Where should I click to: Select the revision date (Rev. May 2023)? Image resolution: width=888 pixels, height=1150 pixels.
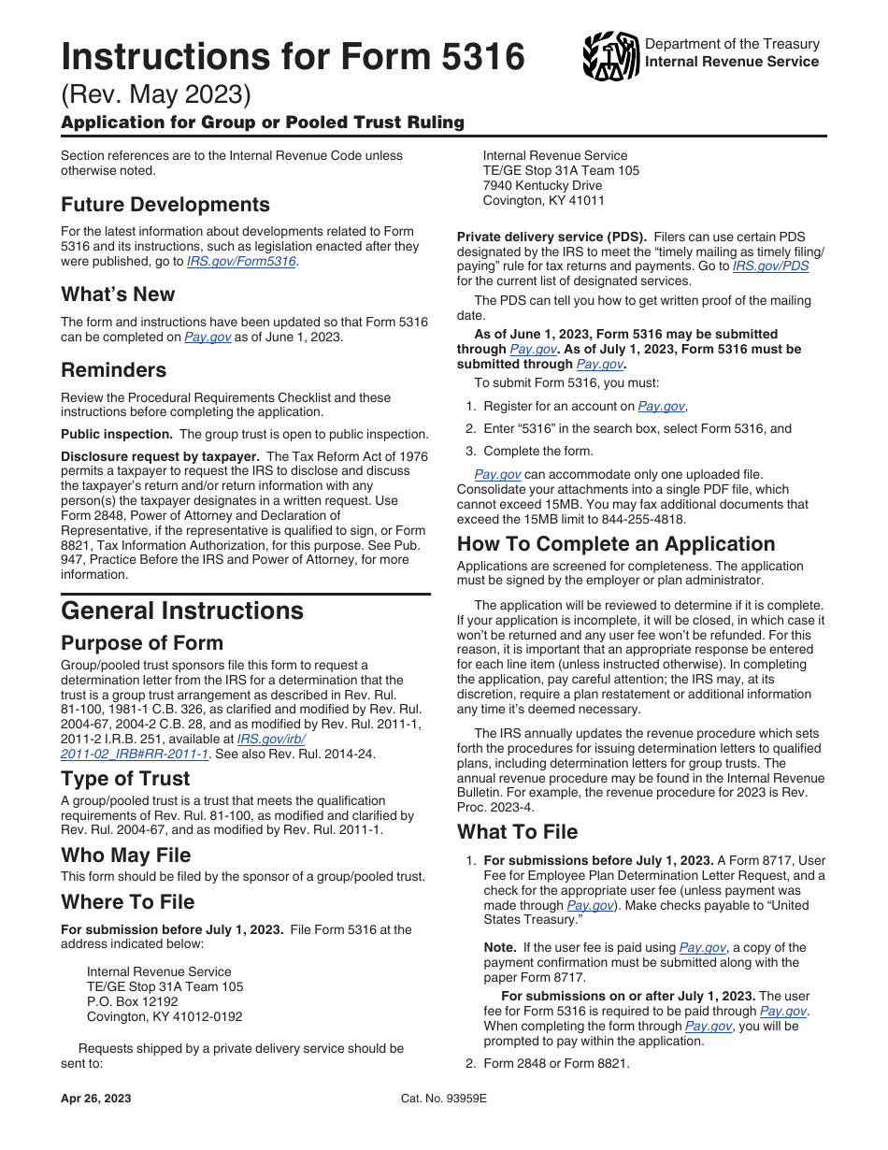click(156, 95)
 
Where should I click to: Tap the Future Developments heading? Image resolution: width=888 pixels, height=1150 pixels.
click(165, 205)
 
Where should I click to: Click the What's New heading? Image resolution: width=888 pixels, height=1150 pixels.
click(118, 295)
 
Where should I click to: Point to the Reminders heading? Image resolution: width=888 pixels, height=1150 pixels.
click(114, 369)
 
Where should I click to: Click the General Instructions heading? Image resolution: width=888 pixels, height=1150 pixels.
click(182, 611)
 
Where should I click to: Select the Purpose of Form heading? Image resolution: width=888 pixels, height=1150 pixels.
click(142, 643)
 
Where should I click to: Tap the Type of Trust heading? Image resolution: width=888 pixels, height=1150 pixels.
click(125, 779)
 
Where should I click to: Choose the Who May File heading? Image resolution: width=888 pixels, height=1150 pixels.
click(126, 855)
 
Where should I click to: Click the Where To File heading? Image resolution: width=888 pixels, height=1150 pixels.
click(128, 902)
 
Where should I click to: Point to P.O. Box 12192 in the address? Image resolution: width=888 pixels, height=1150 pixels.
click(132, 1001)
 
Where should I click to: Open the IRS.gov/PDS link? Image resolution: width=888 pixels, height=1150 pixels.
click(770, 266)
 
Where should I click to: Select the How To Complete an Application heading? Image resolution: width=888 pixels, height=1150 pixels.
click(616, 544)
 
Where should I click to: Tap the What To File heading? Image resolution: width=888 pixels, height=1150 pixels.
click(517, 832)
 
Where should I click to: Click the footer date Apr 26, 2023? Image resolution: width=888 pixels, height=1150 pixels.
click(96, 1099)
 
